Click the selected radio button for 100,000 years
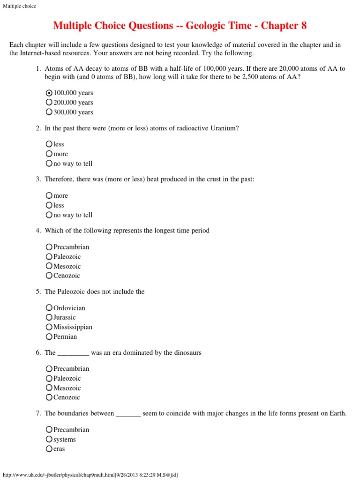click(49, 93)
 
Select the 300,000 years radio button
click(49, 112)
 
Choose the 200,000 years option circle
click(49, 102)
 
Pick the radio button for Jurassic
click(49, 317)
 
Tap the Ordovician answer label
click(69, 308)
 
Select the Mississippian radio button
click(49, 327)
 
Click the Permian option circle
click(49, 337)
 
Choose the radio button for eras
click(49, 449)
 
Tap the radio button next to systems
click(49, 439)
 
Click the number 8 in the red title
click(303, 25)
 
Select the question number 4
click(38, 231)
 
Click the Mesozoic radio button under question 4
click(49, 266)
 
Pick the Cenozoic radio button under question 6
click(49, 397)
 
